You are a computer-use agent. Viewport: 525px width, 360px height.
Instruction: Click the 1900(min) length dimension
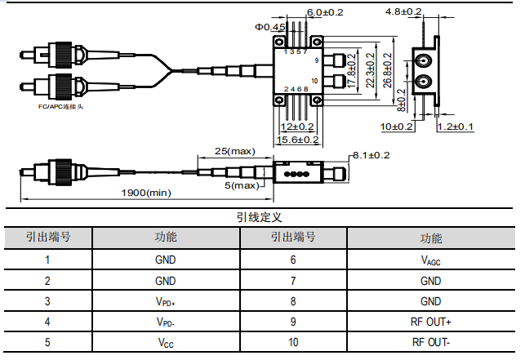[x=146, y=193]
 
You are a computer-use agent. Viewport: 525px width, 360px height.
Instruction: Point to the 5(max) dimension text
[x=242, y=185]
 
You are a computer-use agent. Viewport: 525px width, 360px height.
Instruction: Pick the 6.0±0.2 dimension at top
[x=325, y=12]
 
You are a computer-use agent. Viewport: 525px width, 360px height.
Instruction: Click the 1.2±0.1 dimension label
[x=456, y=127]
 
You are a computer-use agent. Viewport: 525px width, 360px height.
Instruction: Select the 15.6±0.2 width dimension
[x=298, y=140]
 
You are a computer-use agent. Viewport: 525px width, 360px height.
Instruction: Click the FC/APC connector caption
[x=61, y=107]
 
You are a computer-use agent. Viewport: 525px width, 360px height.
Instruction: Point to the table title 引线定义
[x=259, y=217]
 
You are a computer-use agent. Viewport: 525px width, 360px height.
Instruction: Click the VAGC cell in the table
[x=430, y=260]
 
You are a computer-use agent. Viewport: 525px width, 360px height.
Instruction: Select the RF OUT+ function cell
[x=430, y=322]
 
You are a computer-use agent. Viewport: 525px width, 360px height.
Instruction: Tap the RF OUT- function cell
[x=430, y=342]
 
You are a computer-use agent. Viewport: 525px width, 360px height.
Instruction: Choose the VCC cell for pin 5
[x=165, y=342]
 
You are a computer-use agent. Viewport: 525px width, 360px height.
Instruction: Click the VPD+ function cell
[x=165, y=301]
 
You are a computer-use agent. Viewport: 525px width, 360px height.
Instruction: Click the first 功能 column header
[x=165, y=238]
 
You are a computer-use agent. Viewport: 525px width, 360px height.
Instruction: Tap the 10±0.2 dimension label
[x=397, y=127]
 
